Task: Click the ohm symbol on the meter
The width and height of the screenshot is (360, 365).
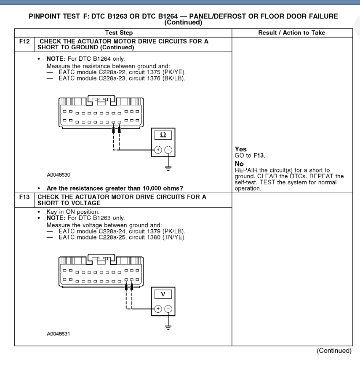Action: (163, 135)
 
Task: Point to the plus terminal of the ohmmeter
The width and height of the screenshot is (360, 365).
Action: (158, 150)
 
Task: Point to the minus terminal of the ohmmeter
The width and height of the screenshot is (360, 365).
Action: (168, 150)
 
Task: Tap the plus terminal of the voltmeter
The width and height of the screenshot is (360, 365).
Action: (158, 309)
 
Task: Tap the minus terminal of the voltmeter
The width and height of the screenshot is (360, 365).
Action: (168, 309)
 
